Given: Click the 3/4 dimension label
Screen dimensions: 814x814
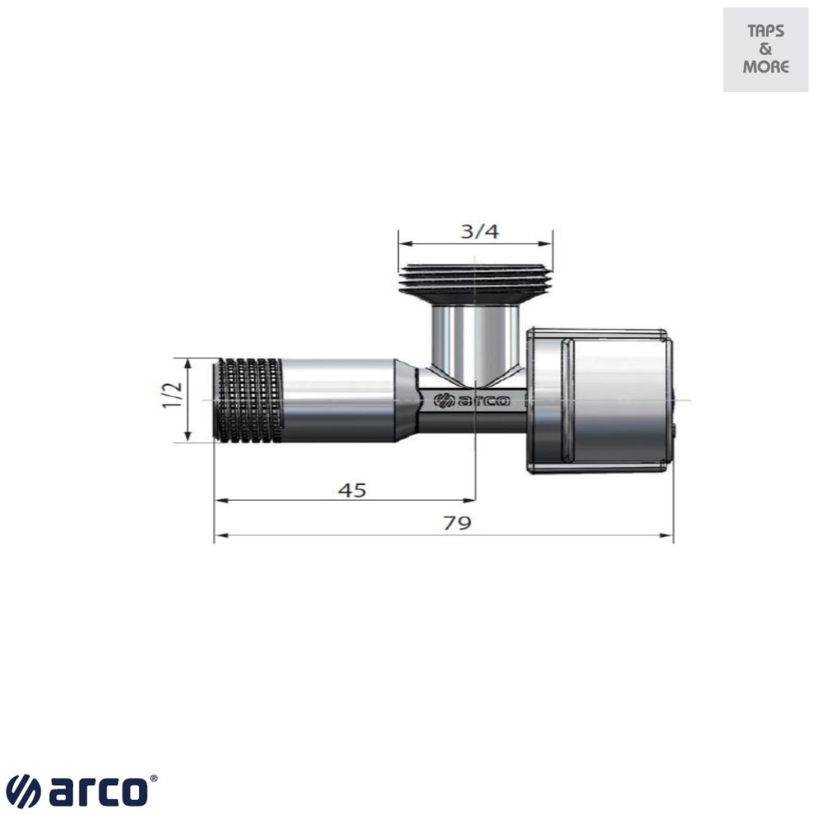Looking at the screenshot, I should tap(479, 231).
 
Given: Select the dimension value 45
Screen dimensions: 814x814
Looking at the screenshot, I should tap(352, 490).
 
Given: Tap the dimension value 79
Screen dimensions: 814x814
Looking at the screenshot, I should tap(457, 523).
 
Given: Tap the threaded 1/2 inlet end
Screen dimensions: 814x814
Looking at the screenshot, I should tap(249, 399).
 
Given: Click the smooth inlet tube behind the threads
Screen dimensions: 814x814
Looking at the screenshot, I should tap(339, 399).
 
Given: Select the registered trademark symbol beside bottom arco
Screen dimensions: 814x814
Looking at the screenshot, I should tap(153, 781).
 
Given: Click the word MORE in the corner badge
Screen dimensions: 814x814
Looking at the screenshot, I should tap(766, 67).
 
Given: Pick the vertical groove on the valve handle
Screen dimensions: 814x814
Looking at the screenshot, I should tap(566, 399).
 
